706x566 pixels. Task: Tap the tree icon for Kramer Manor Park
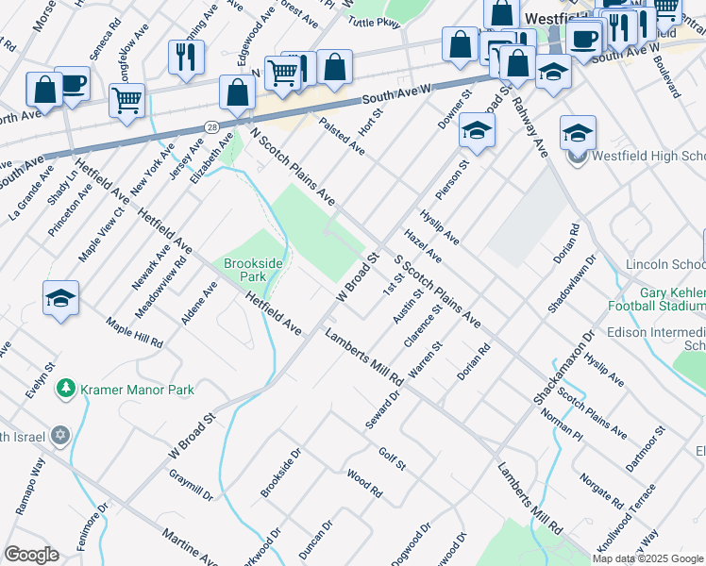[x=65, y=389]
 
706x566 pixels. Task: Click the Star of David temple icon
[x=60, y=436]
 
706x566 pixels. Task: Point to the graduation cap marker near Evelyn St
[x=60, y=298]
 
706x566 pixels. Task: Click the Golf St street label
[x=392, y=459]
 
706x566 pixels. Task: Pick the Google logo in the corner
[x=31, y=555]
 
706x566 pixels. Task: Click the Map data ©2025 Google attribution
[x=647, y=558]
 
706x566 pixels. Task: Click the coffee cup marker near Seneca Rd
[x=72, y=83]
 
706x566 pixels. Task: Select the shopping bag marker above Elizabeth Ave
[x=238, y=92]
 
